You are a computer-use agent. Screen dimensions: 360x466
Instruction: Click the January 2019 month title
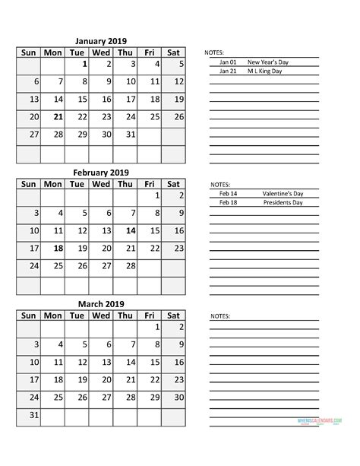(x=101, y=41)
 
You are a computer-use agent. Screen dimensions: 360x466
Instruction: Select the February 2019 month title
(x=101, y=173)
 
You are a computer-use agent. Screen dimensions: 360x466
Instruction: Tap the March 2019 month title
(x=101, y=304)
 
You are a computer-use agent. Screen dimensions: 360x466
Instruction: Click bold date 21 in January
(x=58, y=117)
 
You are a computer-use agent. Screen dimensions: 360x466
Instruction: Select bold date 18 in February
(x=58, y=249)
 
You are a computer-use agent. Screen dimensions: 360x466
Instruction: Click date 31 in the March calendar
(x=33, y=415)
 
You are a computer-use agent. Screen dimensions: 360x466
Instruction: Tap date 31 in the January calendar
(x=130, y=135)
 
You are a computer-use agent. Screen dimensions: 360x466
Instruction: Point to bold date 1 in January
(x=84, y=65)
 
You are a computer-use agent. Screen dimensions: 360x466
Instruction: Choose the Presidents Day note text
(x=283, y=203)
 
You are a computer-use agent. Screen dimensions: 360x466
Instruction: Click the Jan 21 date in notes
(x=228, y=71)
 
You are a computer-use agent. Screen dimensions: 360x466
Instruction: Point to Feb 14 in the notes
(x=228, y=194)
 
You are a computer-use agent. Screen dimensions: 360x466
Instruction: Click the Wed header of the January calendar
(x=101, y=52)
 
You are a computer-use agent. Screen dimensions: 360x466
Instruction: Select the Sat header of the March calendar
(x=173, y=315)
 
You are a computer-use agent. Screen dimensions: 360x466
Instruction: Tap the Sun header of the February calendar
(x=28, y=184)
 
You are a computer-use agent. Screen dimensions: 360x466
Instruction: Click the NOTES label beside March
(x=219, y=315)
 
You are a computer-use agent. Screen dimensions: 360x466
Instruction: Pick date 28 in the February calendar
(x=130, y=266)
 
